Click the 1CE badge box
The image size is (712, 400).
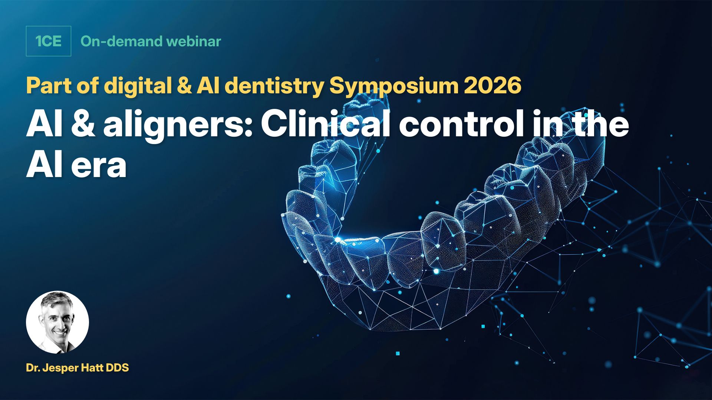pos(49,41)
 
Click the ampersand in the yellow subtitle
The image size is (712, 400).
pos(184,86)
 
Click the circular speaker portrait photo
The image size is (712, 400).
pos(57,322)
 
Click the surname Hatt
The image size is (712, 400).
pos(98,368)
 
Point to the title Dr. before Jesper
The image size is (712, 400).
pos(33,368)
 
